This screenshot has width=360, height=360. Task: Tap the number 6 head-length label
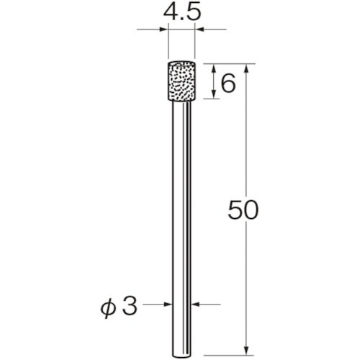228,83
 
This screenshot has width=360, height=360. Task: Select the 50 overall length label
243,210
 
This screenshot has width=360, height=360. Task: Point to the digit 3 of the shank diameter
130,305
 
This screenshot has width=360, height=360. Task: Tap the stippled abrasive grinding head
181,81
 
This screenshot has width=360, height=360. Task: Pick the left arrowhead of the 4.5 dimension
163,30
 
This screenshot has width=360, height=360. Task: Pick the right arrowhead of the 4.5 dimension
199,30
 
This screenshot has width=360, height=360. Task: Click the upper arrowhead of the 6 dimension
213,69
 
